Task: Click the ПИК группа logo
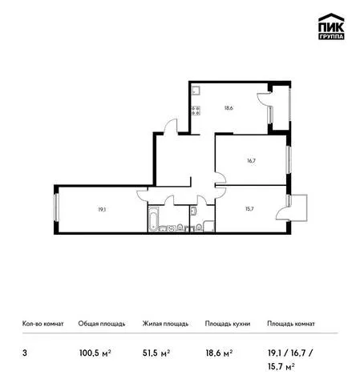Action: pyautogui.click(x=331, y=26)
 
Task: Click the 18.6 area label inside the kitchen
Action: pyautogui.click(x=229, y=108)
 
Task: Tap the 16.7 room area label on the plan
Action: pyautogui.click(x=251, y=161)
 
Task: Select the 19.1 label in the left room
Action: pyautogui.click(x=102, y=210)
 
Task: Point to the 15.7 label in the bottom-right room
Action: pyautogui.click(x=249, y=209)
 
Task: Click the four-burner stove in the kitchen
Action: pyautogui.click(x=196, y=111)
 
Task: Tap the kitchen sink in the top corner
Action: pyautogui.click(x=196, y=91)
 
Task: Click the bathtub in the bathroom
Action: pyautogui.click(x=154, y=219)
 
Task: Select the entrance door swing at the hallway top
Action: pyautogui.click(x=171, y=126)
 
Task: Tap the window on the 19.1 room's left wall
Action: pyautogui.click(x=56, y=208)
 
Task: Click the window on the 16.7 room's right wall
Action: pyautogui.click(x=289, y=160)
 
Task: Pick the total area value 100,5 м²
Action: pyautogui.click(x=95, y=353)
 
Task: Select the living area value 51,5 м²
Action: pyautogui.click(x=156, y=353)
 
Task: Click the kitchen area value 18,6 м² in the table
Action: pyautogui.click(x=219, y=353)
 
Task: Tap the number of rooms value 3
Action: pyautogui.click(x=25, y=353)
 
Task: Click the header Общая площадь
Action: pyautogui.click(x=102, y=324)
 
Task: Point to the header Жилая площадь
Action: pyautogui.click(x=165, y=324)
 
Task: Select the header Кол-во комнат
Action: pyautogui.click(x=43, y=324)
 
